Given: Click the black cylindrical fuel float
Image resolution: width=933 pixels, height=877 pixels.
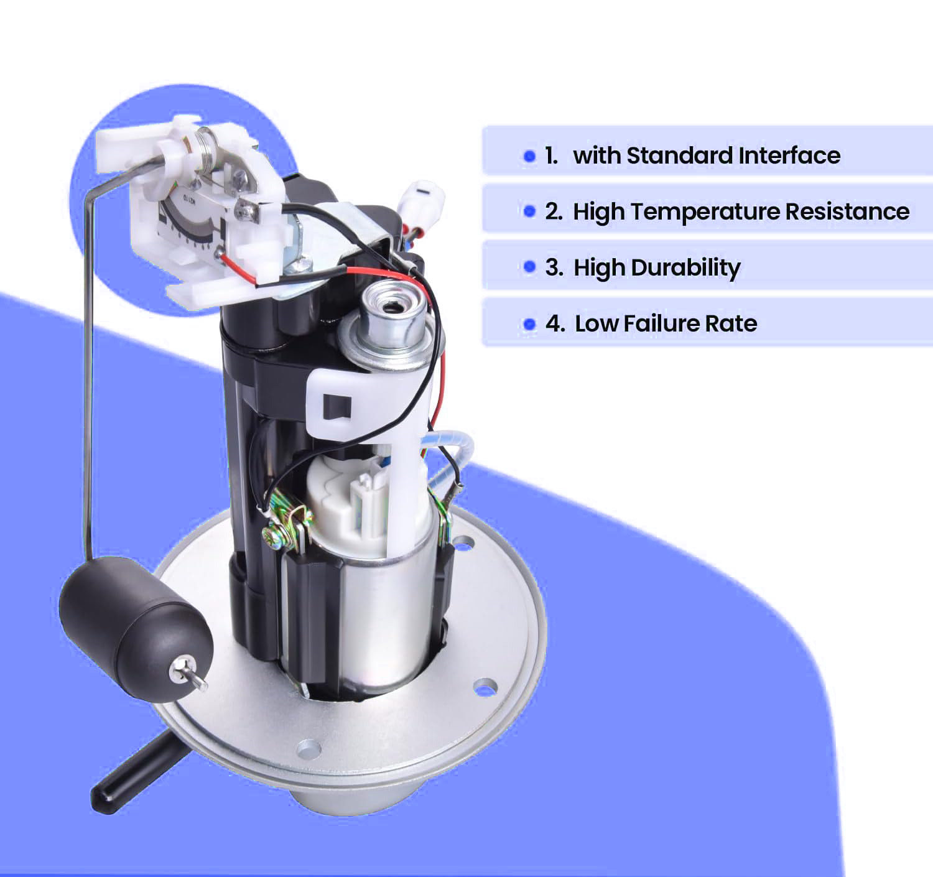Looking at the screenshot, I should coord(134,622).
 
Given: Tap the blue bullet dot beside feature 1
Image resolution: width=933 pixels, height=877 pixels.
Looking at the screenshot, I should coord(529,155).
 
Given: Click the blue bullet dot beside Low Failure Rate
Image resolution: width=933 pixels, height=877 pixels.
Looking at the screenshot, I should coord(529,324).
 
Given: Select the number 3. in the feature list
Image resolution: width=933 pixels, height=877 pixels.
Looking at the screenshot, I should coord(554,267).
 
